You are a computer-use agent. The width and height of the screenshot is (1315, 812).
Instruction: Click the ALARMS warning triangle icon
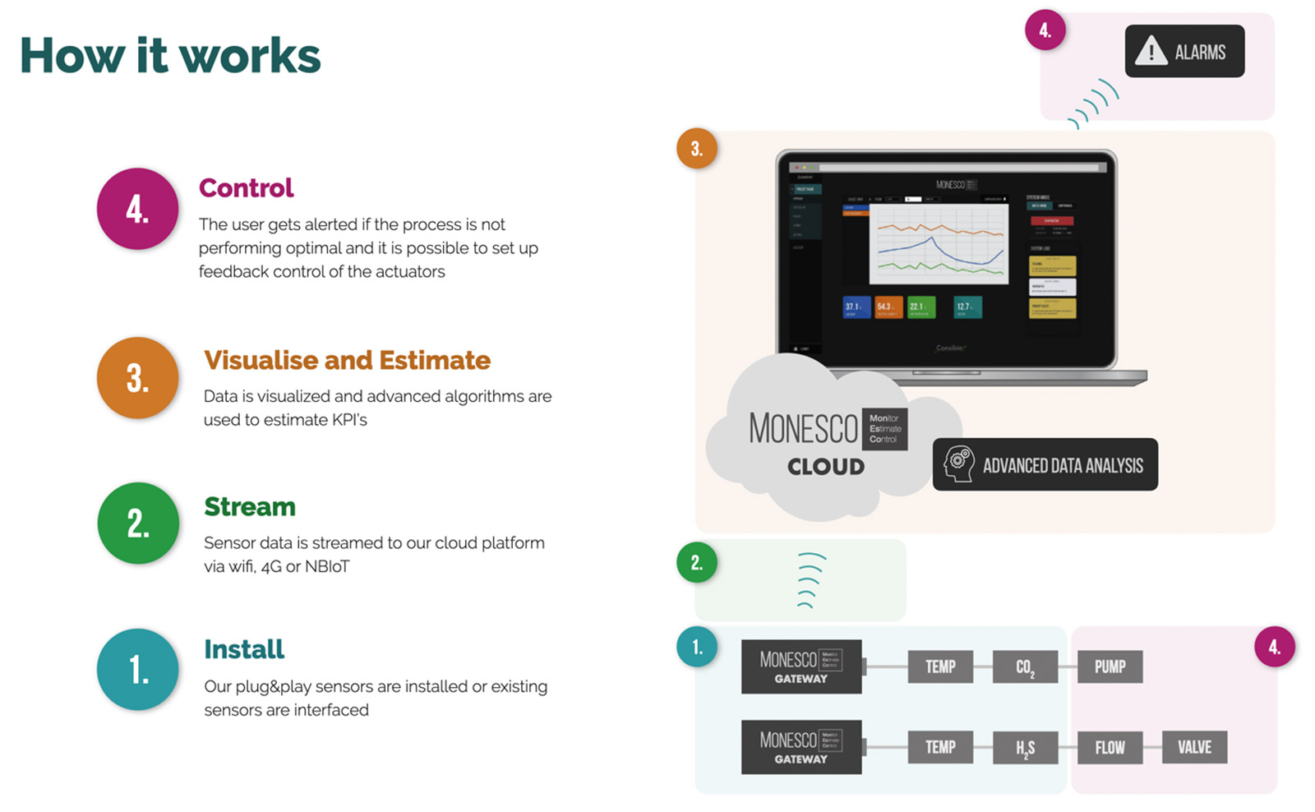point(1151,51)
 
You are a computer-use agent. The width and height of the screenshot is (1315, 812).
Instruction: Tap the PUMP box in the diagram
point(1110,667)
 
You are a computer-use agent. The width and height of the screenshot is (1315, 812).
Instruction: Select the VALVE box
point(1194,747)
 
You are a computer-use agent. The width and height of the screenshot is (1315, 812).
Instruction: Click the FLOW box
point(1110,747)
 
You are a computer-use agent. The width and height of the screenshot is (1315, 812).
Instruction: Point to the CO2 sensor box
point(1025,667)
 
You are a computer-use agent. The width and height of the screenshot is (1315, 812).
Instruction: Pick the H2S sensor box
point(1025,747)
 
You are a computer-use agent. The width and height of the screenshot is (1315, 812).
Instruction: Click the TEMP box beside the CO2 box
point(940,667)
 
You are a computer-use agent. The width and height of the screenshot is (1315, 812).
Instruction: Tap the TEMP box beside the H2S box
point(940,747)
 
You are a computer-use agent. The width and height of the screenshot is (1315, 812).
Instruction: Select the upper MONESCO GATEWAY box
point(801,667)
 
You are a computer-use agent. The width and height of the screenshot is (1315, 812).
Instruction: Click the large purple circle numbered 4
point(138,209)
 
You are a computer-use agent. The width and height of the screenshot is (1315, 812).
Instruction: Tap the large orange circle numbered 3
point(138,378)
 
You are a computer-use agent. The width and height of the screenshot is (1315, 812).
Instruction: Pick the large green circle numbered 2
point(138,524)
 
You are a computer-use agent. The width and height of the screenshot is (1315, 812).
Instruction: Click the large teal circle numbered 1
point(138,669)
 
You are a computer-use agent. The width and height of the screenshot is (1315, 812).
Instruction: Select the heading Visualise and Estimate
point(347,360)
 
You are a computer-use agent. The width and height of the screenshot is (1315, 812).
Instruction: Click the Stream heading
point(250,506)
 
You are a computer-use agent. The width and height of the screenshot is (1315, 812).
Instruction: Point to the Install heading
point(244,649)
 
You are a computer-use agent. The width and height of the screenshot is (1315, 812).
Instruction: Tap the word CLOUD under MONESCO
point(826,467)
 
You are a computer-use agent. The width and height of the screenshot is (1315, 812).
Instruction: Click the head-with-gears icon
point(958,464)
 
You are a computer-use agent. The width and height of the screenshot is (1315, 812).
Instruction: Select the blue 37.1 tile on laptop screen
point(856,307)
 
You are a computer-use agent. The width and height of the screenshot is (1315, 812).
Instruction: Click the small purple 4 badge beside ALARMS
point(1045,30)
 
